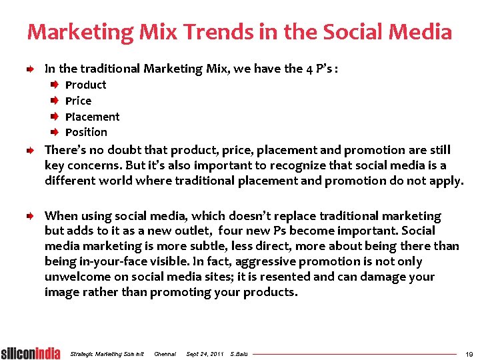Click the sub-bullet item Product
pos(85,85)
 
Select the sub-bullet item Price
pos(78,101)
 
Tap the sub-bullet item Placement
pos(92,117)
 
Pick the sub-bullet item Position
pos(86,132)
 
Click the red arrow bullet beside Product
pos(55,85)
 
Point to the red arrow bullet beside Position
pos(55,132)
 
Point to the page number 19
pos(468,353)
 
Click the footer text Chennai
pos(165,353)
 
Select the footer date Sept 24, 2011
pos(205,353)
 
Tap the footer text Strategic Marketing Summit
pos(107,353)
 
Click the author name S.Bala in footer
pos(238,353)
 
